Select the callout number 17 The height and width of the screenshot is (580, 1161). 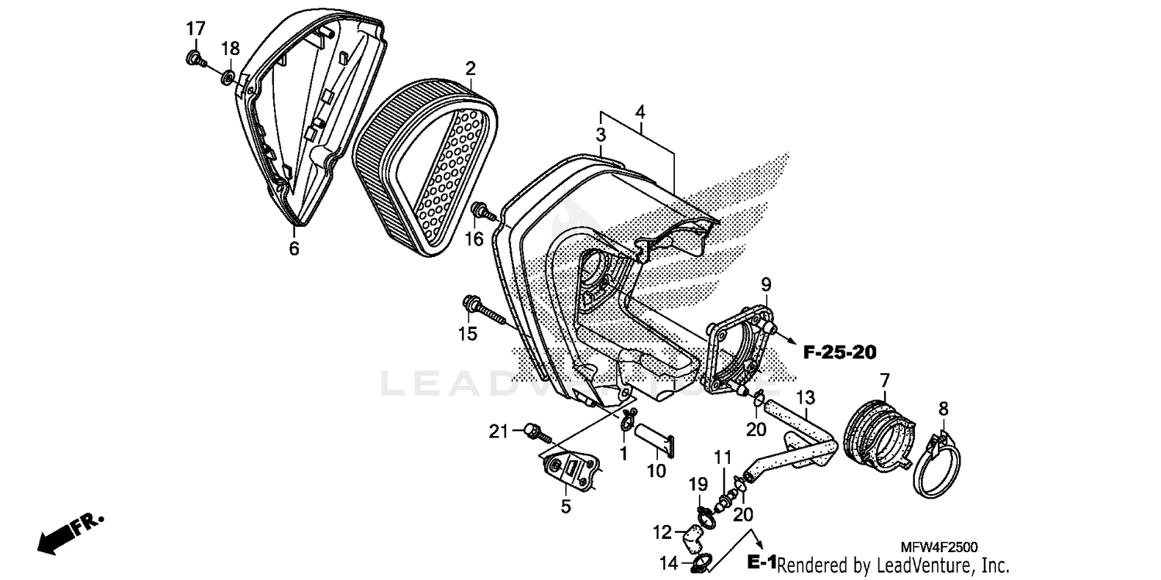coord(195,29)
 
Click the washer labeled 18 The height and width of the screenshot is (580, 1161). coord(229,76)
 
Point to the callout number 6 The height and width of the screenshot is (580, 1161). coord(294,249)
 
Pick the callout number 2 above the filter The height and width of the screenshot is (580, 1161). coord(471,68)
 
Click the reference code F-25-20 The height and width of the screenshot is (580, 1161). coord(839,353)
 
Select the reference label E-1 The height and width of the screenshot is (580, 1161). coord(762,561)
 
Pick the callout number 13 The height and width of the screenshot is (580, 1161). coord(806,398)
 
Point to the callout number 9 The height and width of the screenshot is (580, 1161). coord(765,283)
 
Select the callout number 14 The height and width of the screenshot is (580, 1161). coord(668,562)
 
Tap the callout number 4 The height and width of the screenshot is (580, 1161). coord(640,112)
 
